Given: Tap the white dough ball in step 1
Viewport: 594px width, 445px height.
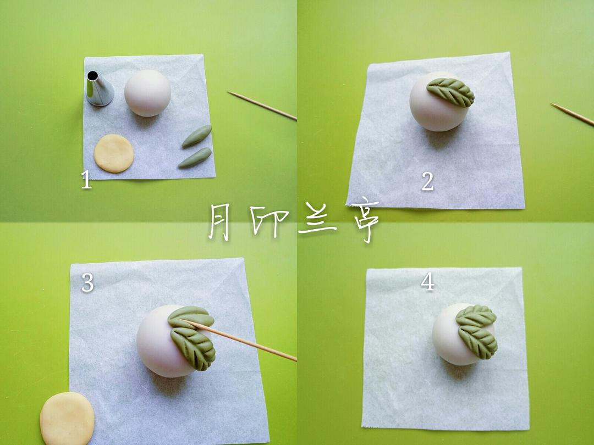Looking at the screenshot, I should [x=147, y=92].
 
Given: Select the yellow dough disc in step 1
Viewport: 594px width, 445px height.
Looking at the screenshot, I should [x=114, y=153].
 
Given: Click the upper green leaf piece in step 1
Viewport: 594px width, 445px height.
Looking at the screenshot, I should [x=197, y=136].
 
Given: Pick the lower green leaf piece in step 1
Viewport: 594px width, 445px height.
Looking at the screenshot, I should [x=195, y=158].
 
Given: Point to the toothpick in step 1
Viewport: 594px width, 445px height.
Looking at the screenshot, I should [x=262, y=105].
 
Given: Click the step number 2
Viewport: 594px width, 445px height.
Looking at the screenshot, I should [x=427, y=181].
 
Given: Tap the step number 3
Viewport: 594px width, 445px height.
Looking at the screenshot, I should [x=87, y=283].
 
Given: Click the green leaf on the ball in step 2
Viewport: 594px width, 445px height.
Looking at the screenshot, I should [x=451, y=92].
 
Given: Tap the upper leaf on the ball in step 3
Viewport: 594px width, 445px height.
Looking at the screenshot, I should [x=191, y=317].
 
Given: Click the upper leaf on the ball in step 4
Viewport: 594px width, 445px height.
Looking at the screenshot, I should [x=476, y=316].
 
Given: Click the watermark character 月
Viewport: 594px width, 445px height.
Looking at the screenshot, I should [x=226, y=221].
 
